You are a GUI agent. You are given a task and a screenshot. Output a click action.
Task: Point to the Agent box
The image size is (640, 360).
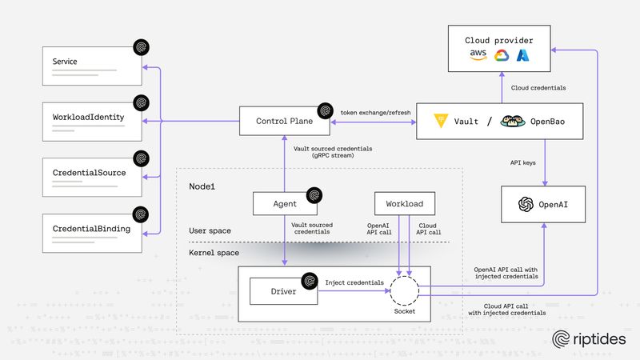[286, 203]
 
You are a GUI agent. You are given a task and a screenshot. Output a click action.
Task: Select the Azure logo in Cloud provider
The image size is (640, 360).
[524, 55]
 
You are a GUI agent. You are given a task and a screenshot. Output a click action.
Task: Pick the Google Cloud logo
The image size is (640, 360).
[502, 55]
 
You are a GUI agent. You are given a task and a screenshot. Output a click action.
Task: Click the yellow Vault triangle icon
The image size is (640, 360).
[441, 122]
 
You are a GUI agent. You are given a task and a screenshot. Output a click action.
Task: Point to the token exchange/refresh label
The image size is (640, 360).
[375, 113]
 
